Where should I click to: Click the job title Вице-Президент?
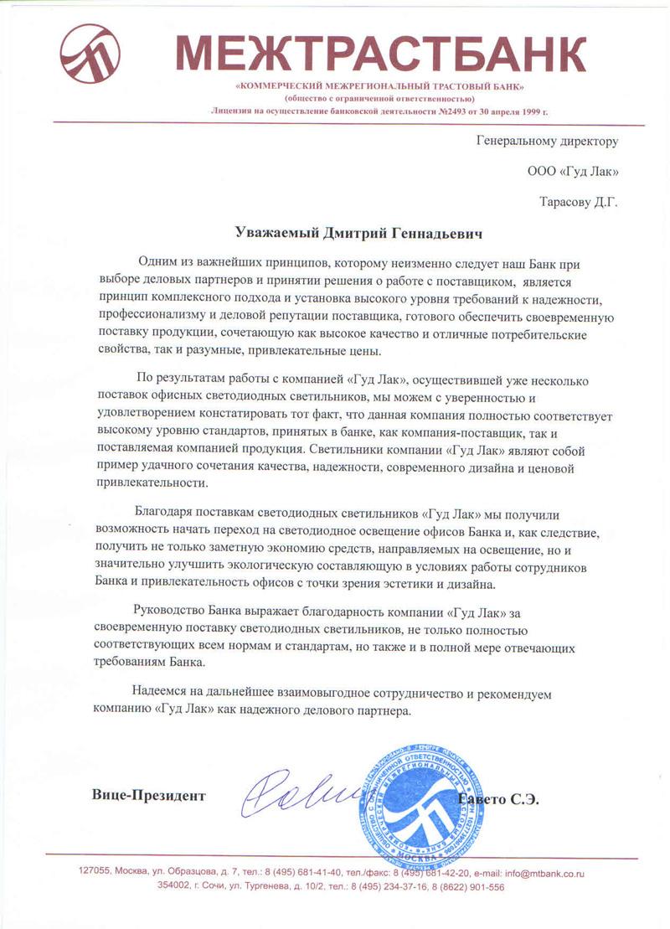pos(149,796)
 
